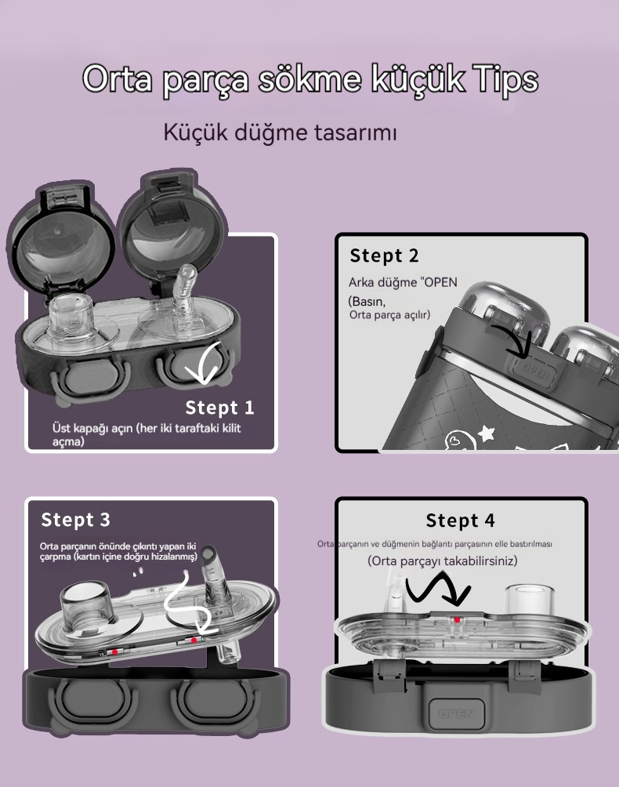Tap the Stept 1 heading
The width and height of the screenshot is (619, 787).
(x=219, y=408)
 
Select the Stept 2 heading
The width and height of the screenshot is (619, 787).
(x=384, y=256)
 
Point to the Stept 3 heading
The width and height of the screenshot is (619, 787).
(x=75, y=520)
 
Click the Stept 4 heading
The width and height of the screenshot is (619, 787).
(x=460, y=520)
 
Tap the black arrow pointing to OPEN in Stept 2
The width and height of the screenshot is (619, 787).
(x=512, y=341)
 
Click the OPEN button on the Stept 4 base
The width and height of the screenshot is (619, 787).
(x=456, y=713)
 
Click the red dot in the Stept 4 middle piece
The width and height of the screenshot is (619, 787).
(x=457, y=620)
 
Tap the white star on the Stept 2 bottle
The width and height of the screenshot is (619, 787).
(x=486, y=432)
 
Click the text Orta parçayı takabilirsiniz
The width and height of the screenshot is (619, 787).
(x=443, y=560)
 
